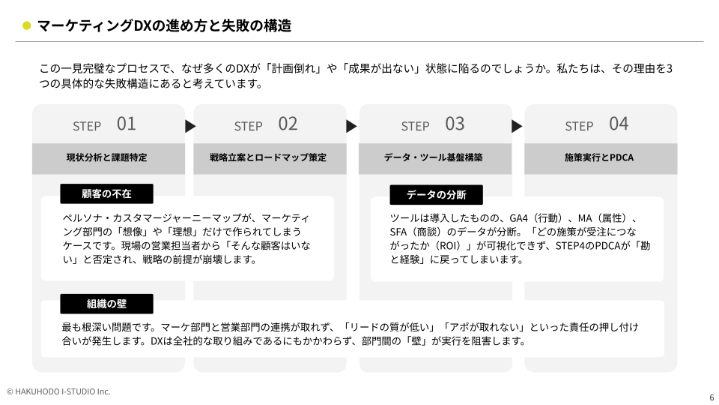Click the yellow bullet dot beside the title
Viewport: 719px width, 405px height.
point(27,25)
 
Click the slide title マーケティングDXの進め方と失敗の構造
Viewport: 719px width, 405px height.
point(164,25)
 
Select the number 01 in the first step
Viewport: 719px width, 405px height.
point(126,124)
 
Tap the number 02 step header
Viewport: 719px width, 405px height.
point(288,124)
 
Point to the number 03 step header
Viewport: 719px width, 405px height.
point(455,124)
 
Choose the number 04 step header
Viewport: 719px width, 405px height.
point(619,124)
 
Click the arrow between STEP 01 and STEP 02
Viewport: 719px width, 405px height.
point(190,126)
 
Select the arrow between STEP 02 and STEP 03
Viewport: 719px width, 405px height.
point(351,126)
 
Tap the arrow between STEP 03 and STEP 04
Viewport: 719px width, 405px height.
point(517,126)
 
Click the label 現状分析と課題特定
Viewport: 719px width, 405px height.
point(107,158)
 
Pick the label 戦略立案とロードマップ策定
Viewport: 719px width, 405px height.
point(268,158)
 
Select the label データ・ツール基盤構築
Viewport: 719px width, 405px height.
point(434,158)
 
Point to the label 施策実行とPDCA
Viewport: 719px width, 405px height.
point(599,158)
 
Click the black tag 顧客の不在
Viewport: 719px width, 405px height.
point(106,194)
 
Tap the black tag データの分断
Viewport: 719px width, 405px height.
point(436,195)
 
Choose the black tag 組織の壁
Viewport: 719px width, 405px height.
point(106,304)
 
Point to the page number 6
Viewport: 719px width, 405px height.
point(711,397)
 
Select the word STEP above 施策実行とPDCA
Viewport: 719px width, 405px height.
point(579,126)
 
